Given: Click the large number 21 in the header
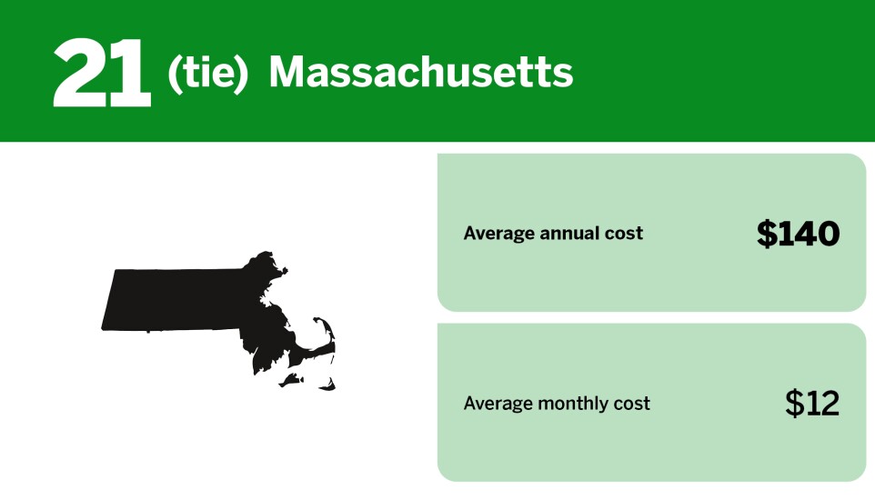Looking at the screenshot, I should point(101,73).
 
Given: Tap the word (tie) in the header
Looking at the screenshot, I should point(207,73).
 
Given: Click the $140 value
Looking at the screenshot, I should point(798,234).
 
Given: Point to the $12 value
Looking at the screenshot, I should point(811,403).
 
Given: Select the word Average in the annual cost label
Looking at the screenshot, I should point(498,234).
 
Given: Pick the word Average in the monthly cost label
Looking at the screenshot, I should point(498,403).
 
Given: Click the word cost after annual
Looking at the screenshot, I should point(625,234).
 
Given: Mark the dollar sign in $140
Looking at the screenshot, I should point(767,234).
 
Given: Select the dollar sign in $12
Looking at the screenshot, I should point(795,403).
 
